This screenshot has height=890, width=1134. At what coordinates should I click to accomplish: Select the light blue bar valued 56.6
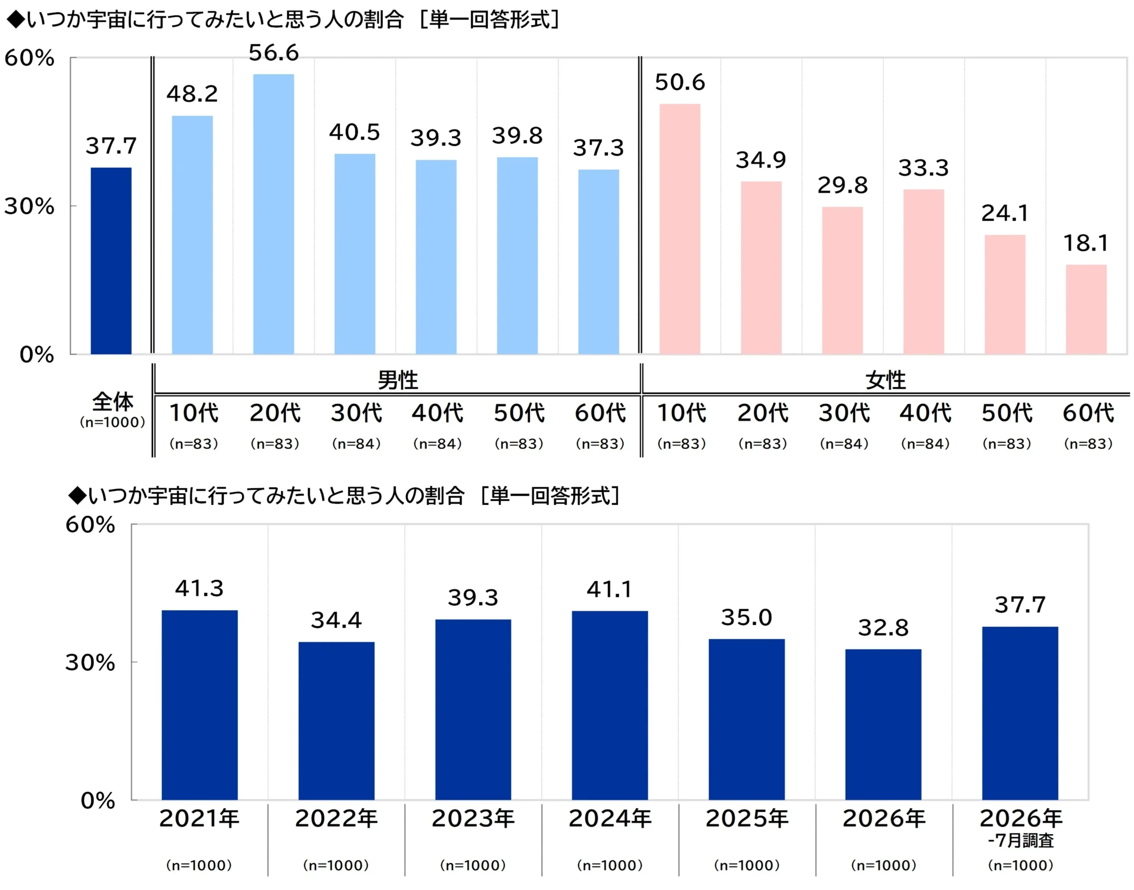(x=274, y=214)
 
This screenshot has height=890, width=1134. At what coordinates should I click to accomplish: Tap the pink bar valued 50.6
(x=680, y=229)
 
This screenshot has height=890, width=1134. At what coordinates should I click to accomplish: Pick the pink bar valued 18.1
(x=1086, y=310)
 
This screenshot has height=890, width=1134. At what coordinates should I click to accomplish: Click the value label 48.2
(x=192, y=94)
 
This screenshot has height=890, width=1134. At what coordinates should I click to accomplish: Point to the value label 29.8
(x=843, y=185)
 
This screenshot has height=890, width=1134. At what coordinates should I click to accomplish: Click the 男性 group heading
(x=398, y=380)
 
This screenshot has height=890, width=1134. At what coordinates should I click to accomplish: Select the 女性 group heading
(x=885, y=380)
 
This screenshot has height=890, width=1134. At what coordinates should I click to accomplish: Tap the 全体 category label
(x=113, y=402)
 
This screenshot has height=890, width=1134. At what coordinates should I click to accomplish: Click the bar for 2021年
(x=200, y=704)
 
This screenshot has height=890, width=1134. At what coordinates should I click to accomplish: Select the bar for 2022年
(x=337, y=721)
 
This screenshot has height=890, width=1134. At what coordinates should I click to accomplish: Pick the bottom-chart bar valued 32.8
(x=883, y=724)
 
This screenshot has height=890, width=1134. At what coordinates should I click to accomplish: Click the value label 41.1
(x=609, y=589)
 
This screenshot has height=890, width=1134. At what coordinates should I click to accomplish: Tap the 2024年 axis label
(x=610, y=819)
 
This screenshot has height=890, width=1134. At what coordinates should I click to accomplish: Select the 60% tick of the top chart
(x=29, y=58)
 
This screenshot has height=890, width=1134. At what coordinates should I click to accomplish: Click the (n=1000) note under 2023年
(x=473, y=866)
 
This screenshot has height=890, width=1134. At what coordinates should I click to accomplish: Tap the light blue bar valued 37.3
(x=599, y=262)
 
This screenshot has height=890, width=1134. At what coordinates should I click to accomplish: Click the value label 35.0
(x=746, y=618)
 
